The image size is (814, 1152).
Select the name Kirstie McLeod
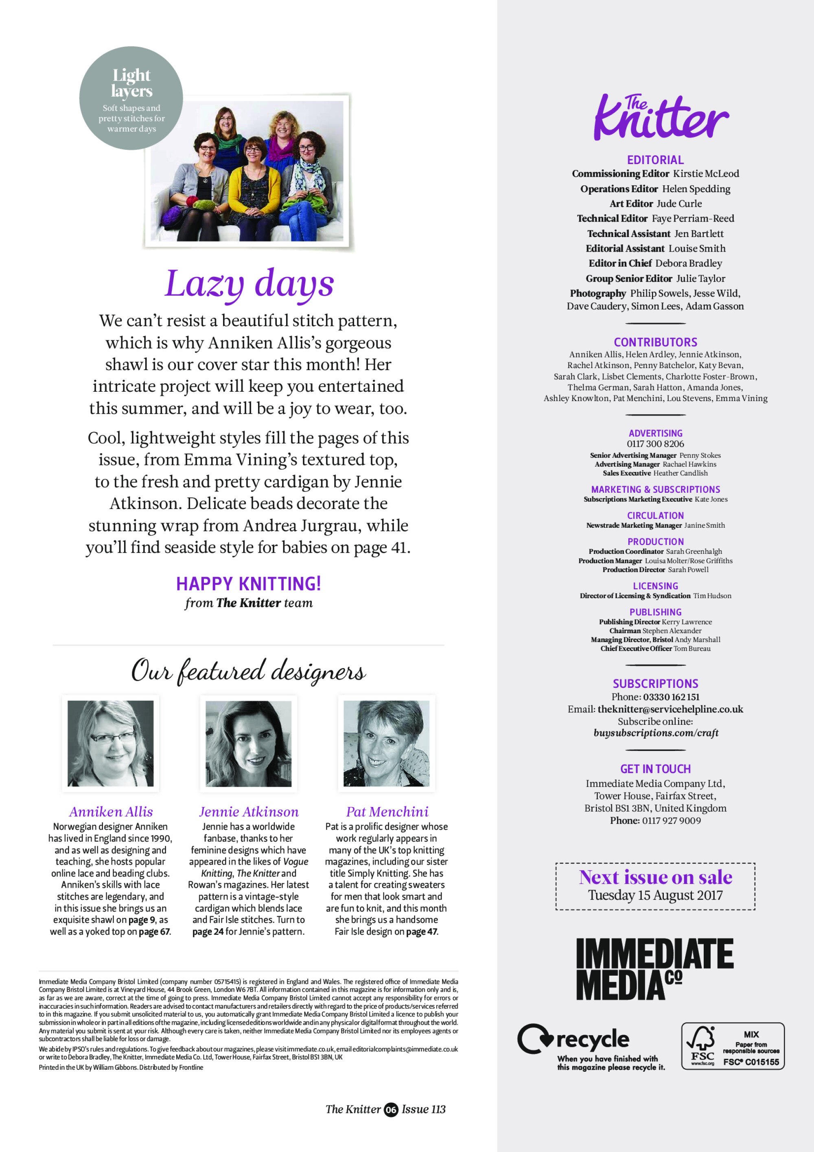pos(706,173)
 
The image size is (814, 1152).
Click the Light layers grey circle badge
pos(131,99)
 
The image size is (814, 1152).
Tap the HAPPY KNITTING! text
pos(248,584)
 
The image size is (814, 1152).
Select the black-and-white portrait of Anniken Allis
pos(110,743)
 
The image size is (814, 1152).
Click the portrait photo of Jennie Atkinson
pos(248,743)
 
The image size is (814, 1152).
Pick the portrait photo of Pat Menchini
pos(386,743)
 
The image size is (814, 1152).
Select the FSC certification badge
pos(732,1046)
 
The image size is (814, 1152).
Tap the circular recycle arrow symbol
pos(535,1039)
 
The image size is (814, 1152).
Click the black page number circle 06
pos(391,1109)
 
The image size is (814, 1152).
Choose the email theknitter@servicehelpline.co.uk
pos(670,709)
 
